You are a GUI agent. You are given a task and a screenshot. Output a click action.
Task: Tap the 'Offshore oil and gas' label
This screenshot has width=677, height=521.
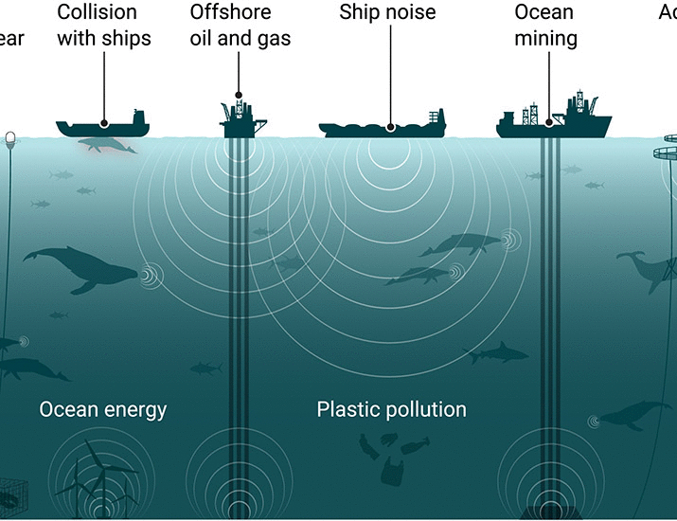(240, 26)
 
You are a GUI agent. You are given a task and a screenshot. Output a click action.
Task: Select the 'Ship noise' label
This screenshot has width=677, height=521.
(387, 12)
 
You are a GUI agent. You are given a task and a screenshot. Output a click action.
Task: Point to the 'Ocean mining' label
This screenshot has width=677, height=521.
(544, 26)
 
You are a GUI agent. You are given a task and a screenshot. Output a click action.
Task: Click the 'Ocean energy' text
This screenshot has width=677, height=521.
(102, 409)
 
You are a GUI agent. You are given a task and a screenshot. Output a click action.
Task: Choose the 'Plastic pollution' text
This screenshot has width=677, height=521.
(391, 409)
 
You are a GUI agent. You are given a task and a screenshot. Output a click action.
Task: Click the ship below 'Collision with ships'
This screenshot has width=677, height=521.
(102, 125)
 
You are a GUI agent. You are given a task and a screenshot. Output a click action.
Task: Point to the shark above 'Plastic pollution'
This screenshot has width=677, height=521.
(496, 353)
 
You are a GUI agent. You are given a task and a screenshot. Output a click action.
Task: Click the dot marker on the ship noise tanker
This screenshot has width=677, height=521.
(389, 125)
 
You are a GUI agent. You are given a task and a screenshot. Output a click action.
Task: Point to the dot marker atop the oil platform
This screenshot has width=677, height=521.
(239, 96)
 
